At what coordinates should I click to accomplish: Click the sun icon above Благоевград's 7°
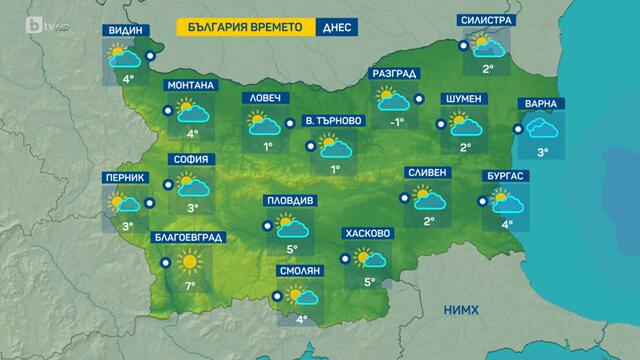[187, 262]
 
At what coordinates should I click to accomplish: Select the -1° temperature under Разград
[396, 122]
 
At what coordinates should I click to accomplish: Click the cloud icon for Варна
[543, 128]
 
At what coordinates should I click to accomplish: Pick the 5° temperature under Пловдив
[292, 250]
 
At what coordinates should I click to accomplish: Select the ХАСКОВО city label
[366, 233]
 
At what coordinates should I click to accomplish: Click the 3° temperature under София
[192, 209]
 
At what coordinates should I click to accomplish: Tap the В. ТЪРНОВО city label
[333, 122]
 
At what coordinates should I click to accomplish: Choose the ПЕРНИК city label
[125, 178]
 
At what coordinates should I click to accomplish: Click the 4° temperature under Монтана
[192, 132]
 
